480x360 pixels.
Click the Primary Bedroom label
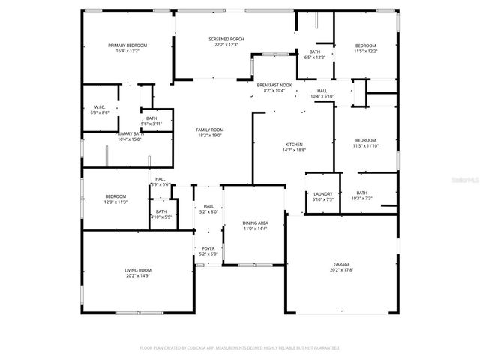(x=127, y=48)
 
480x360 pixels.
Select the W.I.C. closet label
(x=100, y=109)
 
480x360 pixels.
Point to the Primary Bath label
(x=128, y=136)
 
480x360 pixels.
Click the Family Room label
(x=210, y=132)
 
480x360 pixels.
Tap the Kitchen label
(x=293, y=147)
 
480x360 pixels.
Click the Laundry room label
(x=322, y=196)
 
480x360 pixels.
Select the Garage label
(x=341, y=267)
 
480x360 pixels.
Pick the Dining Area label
(x=255, y=226)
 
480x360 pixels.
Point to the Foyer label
(x=208, y=251)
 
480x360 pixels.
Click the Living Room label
(x=138, y=272)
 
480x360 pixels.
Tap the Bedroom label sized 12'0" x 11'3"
(x=115, y=199)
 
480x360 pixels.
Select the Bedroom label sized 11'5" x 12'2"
(x=365, y=48)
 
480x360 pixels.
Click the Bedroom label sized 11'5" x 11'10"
(x=366, y=142)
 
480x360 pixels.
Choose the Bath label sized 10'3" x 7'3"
(x=361, y=196)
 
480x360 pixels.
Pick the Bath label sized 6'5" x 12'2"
(x=315, y=55)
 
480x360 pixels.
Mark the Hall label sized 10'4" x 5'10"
(x=322, y=93)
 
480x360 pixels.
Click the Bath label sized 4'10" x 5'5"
(x=161, y=214)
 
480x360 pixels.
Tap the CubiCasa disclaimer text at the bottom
(x=240, y=348)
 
